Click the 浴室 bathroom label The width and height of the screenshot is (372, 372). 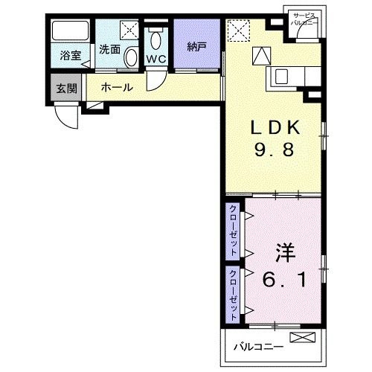[71, 54]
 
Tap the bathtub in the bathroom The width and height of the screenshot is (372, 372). [70, 32]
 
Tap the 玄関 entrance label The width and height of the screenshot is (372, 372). [66, 89]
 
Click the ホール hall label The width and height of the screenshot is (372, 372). [117, 88]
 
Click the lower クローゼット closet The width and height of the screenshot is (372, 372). [233, 295]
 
